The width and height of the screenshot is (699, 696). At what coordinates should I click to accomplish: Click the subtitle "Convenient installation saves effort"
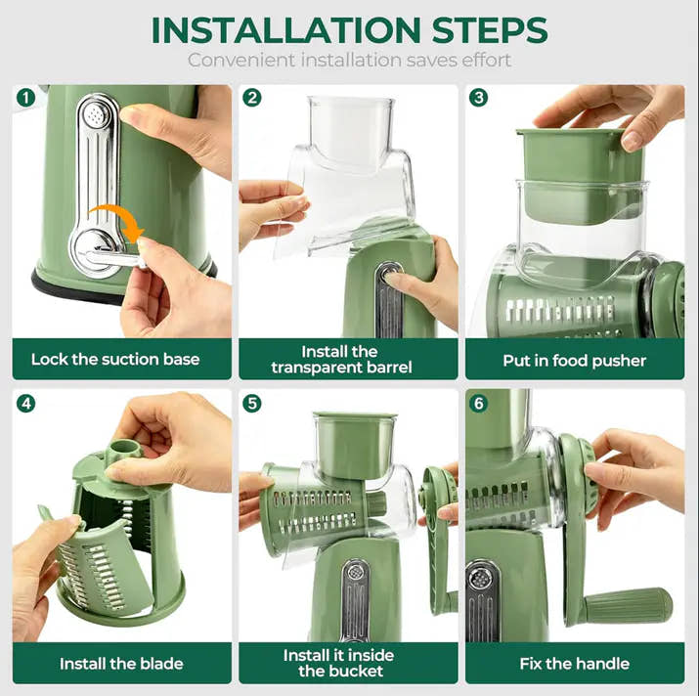(349, 61)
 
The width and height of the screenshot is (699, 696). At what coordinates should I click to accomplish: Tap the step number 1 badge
(25, 98)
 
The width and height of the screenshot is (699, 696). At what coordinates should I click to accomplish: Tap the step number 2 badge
(252, 98)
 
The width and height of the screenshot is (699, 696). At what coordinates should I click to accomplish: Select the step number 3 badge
(479, 98)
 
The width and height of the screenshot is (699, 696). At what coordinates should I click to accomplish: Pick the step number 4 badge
(25, 403)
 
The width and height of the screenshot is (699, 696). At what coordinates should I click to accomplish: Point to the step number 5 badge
(252, 403)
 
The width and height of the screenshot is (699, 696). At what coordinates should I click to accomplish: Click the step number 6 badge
(479, 403)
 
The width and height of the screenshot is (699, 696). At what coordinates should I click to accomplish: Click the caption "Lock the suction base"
(115, 359)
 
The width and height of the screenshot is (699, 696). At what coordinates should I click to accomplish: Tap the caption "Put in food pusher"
(575, 360)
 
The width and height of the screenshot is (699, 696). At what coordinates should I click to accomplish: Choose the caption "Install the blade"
(121, 664)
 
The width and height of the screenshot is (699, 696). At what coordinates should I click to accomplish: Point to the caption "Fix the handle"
(575, 664)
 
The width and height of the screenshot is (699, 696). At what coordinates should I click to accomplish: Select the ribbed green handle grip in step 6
(631, 603)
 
